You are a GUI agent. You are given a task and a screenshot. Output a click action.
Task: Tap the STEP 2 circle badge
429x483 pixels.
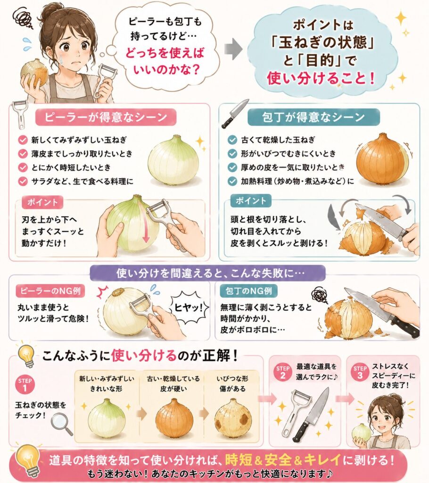[282, 372]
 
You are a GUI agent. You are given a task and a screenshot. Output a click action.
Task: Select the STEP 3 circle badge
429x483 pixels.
[360, 372]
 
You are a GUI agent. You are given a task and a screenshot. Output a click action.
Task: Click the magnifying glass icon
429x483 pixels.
[61, 424]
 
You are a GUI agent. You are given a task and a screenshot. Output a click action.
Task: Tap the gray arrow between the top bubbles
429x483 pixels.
[233, 49]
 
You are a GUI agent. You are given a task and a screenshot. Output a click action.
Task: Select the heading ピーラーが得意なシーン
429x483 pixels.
[106, 117]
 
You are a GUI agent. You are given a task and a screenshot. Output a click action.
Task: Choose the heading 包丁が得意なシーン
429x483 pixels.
[313, 117]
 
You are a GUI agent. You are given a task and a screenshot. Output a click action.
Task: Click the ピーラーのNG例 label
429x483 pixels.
[50, 291]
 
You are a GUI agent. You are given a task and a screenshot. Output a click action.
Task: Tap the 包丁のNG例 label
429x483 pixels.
[249, 291]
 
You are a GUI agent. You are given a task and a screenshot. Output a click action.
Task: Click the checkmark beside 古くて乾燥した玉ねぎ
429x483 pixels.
[232, 140]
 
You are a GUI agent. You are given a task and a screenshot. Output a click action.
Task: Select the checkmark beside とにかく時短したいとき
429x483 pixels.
[23, 167]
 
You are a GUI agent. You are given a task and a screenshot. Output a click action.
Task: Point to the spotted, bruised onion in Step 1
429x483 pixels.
[233, 418]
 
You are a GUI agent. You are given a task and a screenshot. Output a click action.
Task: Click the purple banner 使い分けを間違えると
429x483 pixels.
[207, 273]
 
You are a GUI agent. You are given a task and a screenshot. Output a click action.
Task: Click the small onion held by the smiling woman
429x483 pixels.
[362, 433]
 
